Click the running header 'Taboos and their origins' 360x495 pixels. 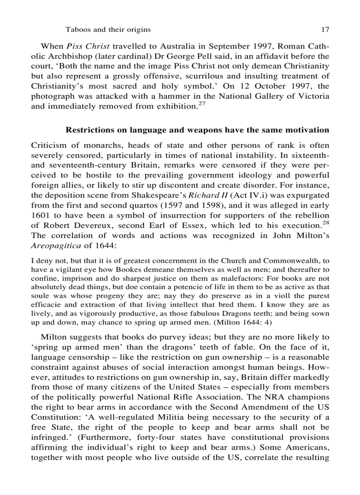pyautogui.click(x=108, y=30)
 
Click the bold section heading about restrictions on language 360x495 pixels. pyautogui.click(x=197, y=130)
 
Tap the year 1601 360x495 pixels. pyautogui.click(x=41, y=215)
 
